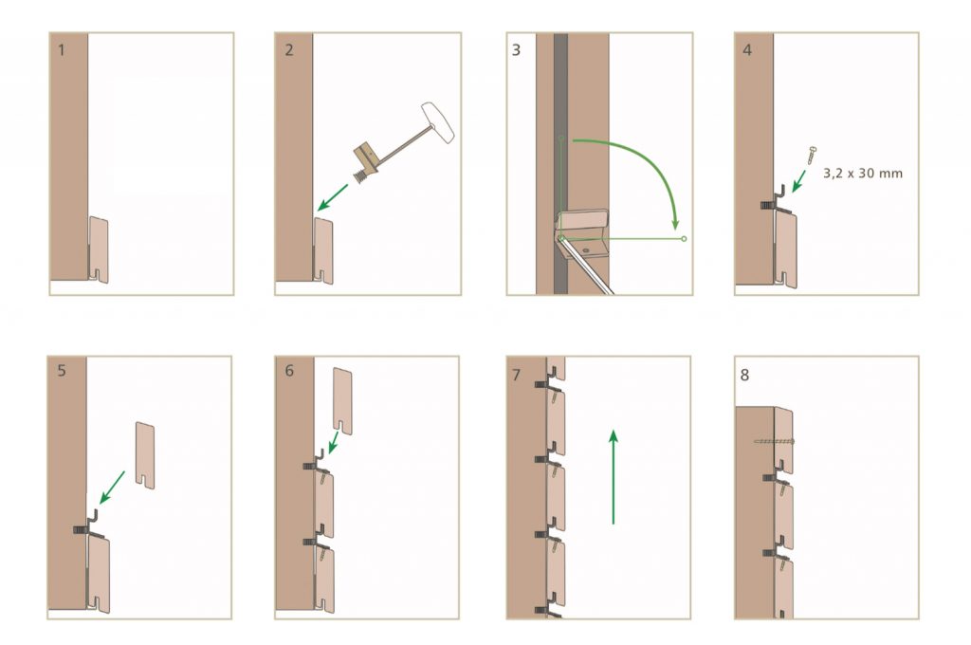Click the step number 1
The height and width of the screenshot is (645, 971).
tap(62, 50)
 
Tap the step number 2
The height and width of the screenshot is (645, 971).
tap(289, 50)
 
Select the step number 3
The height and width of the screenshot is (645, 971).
tap(517, 50)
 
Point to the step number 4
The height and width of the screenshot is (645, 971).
tap(747, 50)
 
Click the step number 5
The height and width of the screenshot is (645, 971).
tap(62, 371)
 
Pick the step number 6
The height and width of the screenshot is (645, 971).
tap(289, 371)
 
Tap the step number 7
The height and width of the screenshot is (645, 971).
tap(517, 375)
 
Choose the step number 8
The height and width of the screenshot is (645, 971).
tap(744, 375)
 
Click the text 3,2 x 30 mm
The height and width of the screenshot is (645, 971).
tap(863, 174)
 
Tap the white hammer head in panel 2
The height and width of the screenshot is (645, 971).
tap(438, 122)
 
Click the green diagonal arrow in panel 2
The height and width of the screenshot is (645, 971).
tap(333, 197)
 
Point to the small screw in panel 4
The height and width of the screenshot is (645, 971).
tap(811, 156)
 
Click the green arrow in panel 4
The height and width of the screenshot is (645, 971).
tap(798, 181)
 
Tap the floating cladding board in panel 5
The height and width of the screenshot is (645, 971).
tap(145, 455)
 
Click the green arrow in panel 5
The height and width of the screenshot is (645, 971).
tap(112, 488)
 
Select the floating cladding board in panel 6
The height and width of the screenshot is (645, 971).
tap(342, 401)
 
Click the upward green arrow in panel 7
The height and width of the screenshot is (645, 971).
tap(614, 477)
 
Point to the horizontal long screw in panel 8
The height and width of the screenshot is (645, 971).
tap(774, 442)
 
